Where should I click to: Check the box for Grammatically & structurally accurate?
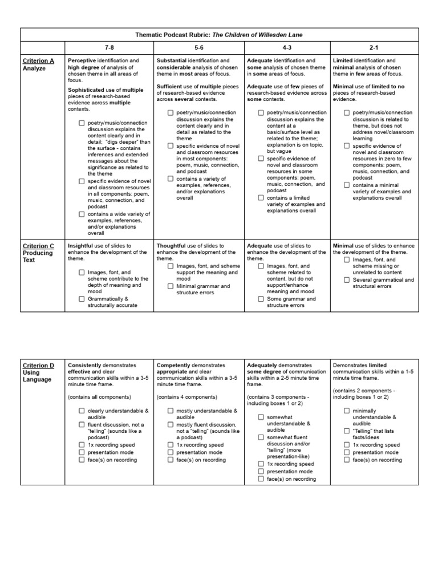[82, 299]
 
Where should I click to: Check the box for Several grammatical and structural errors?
[347, 279]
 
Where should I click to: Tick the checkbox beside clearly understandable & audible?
[82, 411]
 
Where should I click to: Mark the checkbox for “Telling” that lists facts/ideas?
[347, 431]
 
